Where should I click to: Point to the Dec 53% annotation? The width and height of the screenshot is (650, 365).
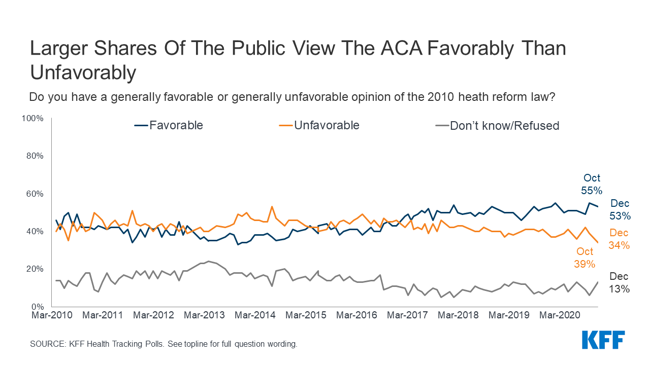click(620, 209)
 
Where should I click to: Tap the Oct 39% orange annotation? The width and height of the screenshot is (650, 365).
click(584, 258)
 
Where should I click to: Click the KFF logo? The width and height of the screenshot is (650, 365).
click(603, 340)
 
